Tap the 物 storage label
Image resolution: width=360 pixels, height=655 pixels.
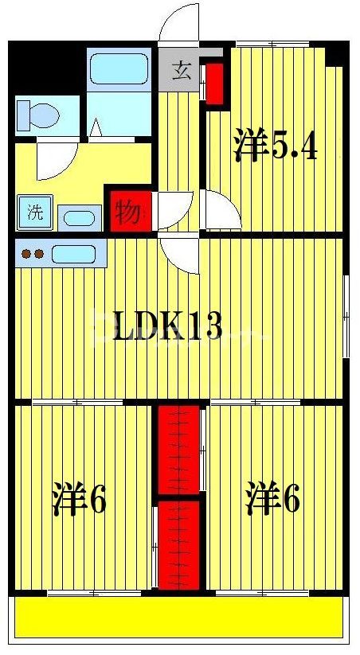tap(127, 212)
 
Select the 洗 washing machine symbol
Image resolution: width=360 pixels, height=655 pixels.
tap(35, 212)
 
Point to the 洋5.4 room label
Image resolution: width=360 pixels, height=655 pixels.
tap(276, 146)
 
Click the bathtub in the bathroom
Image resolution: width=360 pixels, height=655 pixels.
tap(119, 69)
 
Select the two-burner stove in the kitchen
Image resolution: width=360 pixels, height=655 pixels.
tap(33, 255)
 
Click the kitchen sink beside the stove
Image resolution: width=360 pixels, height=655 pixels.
tap(73, 255)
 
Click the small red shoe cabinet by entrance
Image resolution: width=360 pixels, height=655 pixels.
tap(213, 84)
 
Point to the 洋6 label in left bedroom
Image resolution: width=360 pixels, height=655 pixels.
tap(80, 499)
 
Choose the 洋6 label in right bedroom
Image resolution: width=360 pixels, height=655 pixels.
tap(272, 499)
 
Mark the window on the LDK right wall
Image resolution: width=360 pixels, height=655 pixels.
tap(346, 316)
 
